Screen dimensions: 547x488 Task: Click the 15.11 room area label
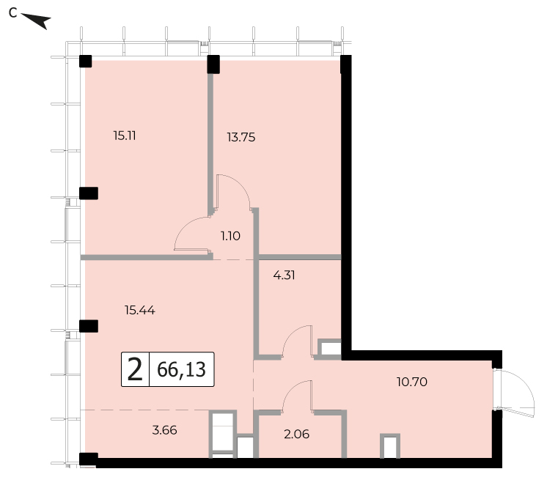(x=125, y=136)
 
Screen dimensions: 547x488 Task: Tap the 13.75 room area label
(x=241, y=137)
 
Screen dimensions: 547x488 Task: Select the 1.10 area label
(x=230, y=236)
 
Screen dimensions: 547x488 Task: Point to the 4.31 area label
(x=284, y=275)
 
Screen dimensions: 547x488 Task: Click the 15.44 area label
(x=140, y=310)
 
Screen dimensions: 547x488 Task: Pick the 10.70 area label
(x=411, y=382)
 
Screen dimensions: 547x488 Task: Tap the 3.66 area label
(x=164, y=430)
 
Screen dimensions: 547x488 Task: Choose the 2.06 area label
(x=296, y=434)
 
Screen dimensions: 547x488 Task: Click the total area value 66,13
(x=181, y=369)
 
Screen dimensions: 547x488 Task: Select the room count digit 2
(x=135, y=369)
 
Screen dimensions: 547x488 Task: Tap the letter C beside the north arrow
(x=13, y=13)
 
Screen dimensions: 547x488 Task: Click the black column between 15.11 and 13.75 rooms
(x=213, y=64)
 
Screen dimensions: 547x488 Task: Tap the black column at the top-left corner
(x=86, y=61)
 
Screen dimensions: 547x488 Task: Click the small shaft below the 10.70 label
(x=390, y=446)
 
